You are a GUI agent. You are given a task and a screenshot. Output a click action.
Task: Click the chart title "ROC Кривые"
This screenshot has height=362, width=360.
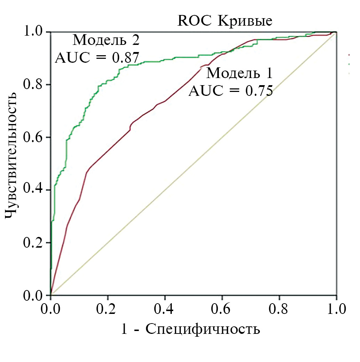click(225, 21)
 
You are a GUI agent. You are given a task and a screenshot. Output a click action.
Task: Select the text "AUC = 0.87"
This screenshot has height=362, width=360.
click(97, 57)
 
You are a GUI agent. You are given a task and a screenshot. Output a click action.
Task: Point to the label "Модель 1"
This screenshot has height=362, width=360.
click(240, 73)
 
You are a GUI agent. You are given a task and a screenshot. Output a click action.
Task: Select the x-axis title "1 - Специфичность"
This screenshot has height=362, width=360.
click(191, 329)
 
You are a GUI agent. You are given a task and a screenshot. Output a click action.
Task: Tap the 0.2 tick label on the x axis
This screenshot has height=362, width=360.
click(108, 309)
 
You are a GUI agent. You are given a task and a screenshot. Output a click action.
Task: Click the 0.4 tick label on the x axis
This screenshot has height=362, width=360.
click(165, 309)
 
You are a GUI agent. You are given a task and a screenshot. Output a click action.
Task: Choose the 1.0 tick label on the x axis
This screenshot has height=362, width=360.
click(336, 309)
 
